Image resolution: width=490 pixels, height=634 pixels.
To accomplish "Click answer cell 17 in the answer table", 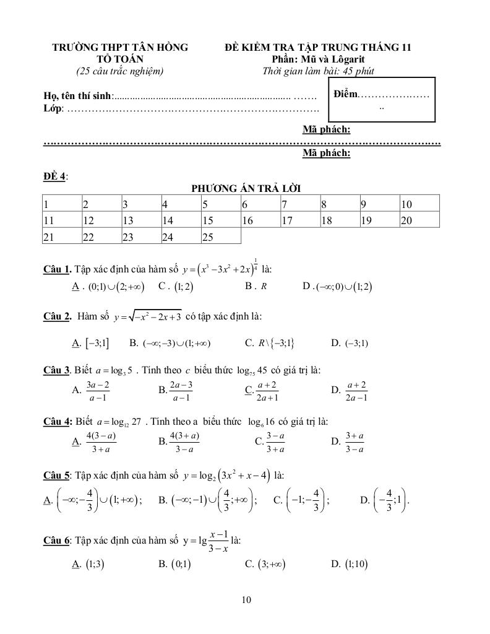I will [300, 220].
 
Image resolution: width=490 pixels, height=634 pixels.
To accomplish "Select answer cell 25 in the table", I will [221, 236].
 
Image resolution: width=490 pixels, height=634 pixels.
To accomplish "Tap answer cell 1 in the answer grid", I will [61, 204].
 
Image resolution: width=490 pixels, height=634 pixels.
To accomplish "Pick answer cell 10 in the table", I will [419, 204].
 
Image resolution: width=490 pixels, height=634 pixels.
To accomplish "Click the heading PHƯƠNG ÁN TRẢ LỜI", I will [246, 188].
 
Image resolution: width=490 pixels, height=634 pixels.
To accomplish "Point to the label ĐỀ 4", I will [55, 176].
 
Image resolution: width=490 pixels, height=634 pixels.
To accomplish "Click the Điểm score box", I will [382, 98].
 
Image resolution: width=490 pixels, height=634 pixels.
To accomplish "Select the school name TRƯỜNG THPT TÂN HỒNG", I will [120, 48].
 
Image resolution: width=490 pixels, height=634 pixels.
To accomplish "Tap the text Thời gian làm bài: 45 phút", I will [318, 71].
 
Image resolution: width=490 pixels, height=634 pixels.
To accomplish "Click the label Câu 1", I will [57, 269].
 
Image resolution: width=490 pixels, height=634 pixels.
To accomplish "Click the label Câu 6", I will [57, 541].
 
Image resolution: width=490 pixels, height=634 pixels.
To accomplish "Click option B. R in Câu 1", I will [256, 286].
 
